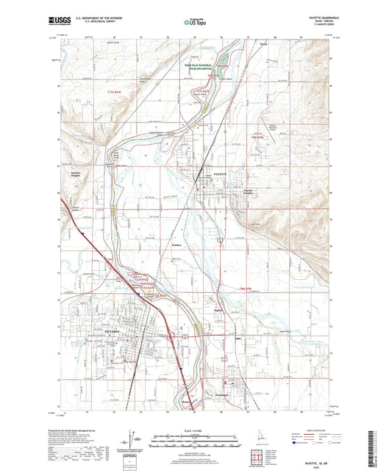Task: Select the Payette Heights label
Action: coord(252,191)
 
